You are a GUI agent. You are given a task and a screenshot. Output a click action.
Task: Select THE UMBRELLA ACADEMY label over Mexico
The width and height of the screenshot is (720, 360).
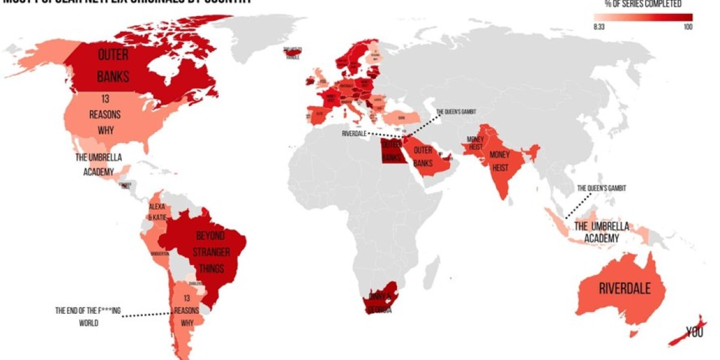coord(98,164)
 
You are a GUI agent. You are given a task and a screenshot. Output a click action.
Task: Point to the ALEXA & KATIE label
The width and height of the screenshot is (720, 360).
coord(157,212)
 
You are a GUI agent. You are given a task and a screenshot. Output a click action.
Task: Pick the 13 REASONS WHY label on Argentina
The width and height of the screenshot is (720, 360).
coord(187,311)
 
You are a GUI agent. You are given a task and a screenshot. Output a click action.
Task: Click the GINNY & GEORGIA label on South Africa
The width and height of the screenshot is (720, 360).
coord(381,303)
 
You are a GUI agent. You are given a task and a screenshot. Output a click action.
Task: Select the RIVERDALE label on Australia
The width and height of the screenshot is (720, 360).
coord(625,289)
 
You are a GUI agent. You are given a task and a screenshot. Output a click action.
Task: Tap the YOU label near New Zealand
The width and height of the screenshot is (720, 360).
coord(694,332)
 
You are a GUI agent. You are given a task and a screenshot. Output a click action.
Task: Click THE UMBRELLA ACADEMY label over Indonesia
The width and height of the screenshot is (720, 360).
coord(602,232)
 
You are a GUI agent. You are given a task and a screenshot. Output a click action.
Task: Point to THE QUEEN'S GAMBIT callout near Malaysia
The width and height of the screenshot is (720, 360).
coord(601,188)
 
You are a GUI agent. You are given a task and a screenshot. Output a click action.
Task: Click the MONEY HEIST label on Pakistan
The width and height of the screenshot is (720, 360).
coord(472,143)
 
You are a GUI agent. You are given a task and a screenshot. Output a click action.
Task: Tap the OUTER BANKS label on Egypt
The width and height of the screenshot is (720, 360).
coord(391,151)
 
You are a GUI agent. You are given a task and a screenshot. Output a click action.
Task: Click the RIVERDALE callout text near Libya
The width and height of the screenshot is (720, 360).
coord(353,133)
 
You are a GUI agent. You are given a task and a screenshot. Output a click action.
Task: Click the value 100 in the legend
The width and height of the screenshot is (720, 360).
coord(687,27)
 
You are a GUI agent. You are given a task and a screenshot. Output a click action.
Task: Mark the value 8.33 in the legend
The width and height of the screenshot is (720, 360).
coord(598,27)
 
